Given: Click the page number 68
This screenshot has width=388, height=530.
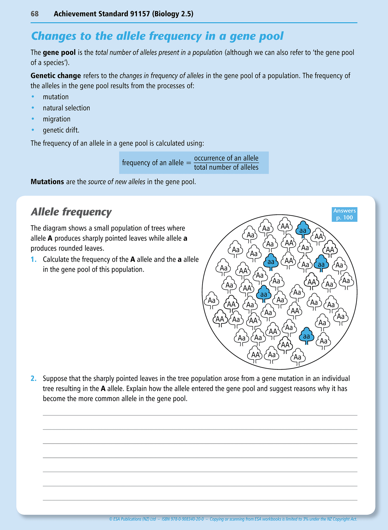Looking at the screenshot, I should (x=35, y=14).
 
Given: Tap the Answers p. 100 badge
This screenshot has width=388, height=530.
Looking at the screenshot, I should (x=345, y=214).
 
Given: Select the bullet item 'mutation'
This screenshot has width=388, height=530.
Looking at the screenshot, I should (x=56, y=97).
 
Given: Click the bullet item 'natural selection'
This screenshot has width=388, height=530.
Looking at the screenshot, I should (x=66, y=108).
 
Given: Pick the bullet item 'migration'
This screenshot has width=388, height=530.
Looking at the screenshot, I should (x=56, y=119).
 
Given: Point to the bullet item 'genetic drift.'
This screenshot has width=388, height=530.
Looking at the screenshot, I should (x=61, y=130).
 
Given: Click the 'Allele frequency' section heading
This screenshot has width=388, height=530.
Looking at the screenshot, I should (x=71, y=212).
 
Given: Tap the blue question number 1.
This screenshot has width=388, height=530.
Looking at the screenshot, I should (x=33, y=260).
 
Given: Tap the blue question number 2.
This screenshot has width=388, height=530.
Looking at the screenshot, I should (x=34, y=379).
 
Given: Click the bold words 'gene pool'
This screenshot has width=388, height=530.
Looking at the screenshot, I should (x=59, y=53).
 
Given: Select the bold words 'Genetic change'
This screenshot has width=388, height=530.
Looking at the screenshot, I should (x=56, y=76).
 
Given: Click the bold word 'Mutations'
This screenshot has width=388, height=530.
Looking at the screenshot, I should (x=47, y=182).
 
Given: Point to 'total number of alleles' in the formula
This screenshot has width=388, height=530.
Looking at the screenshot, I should (x=226, y=168).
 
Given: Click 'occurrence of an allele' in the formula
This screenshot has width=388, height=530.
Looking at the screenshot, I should (x=226, y=158).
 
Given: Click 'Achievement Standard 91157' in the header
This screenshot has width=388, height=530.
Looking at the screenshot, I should (x=101, y=14).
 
